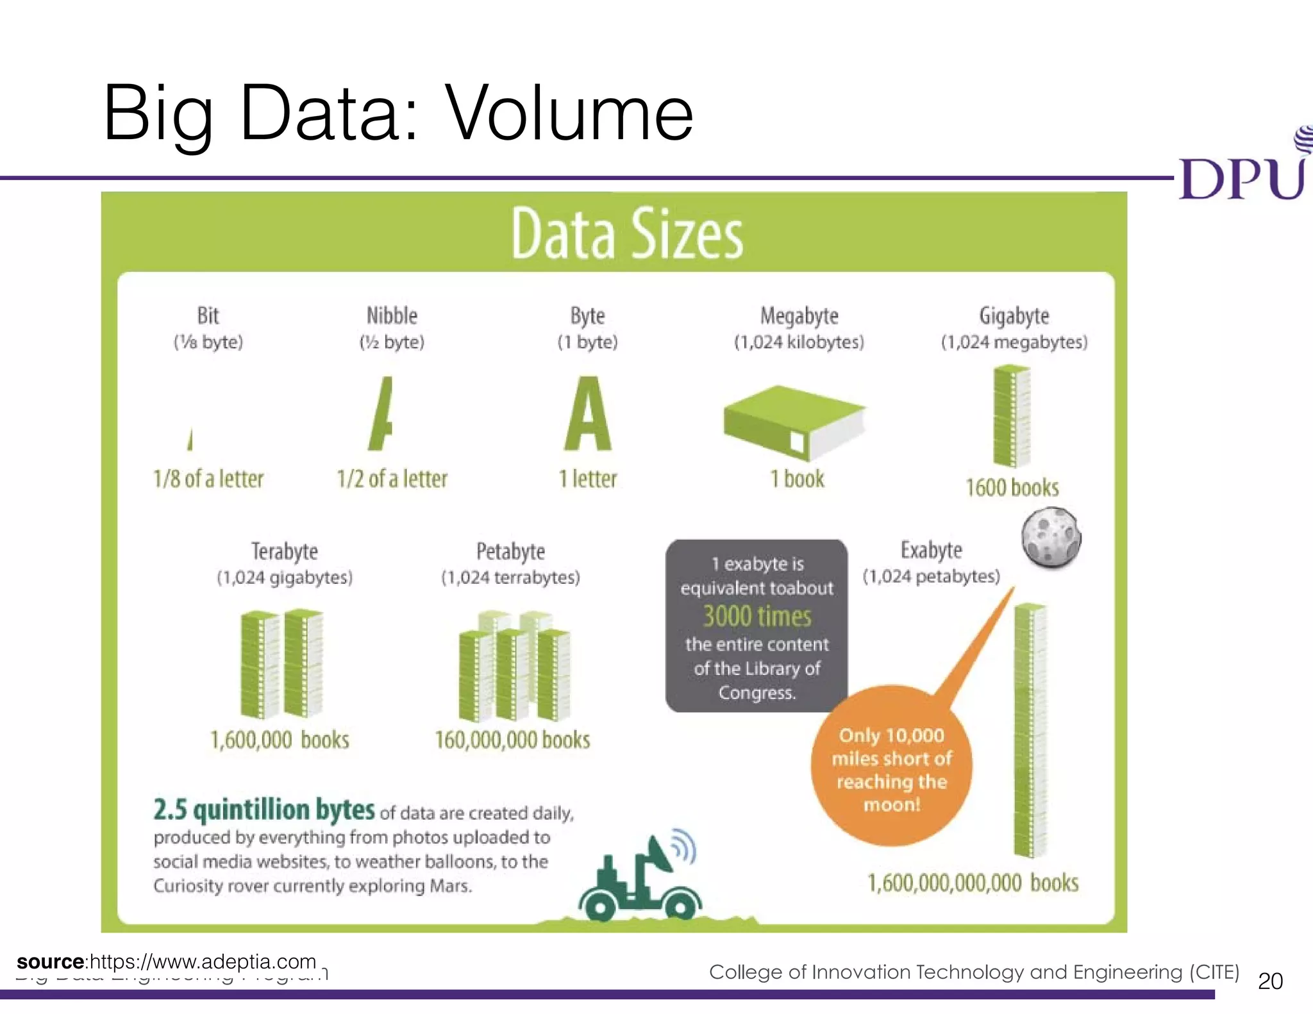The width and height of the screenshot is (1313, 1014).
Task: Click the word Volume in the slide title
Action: [x=569, y=113]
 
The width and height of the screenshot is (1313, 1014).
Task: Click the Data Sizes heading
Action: [x=627, y=235]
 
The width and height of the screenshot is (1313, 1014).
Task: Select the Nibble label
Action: [x=392, y=315]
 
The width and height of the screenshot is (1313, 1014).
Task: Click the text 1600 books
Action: [x=1012, y=488]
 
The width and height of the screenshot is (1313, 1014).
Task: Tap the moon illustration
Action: [x=1051, y=537]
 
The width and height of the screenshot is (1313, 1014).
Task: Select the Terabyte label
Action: [x=284, y=551]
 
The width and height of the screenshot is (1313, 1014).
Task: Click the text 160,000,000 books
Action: [x=512, y=740]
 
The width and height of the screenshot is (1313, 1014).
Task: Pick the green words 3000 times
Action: [x=757, y=617]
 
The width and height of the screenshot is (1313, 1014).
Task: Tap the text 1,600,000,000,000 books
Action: [x=973, y=883]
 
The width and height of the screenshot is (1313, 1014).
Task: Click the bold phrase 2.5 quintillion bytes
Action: [x=263, y=810]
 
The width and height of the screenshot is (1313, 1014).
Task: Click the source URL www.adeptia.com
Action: [x=203, y=961]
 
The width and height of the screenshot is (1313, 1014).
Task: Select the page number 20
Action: [x=1270, y=981]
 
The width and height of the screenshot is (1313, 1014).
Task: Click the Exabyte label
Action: [x=931, y=550]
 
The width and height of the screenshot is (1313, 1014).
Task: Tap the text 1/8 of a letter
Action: [x=208, y=479]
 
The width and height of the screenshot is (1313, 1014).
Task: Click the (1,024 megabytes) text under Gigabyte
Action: [x=1014, y=342]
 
